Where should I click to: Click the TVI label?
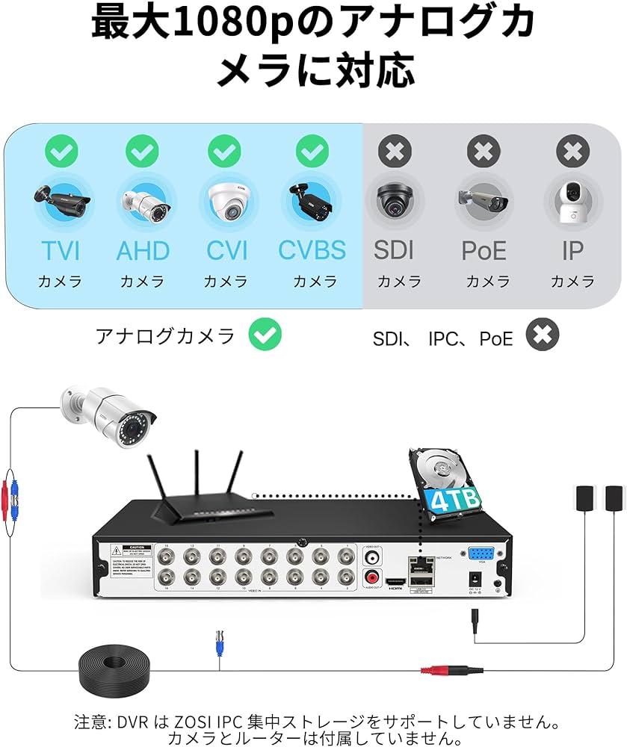coord(61,250)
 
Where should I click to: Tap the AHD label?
coord(143,250)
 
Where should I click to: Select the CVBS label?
coord(312,250)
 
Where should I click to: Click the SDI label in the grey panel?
coord(394,250)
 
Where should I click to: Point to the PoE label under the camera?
coord(484,250)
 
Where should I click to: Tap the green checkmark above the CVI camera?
coord(224,152)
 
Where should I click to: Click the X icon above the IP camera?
coord(572,152)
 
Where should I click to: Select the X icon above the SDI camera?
coord(394,152)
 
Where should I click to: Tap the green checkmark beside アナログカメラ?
coord(265,335)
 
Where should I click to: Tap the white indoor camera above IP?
coord(572,200)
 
